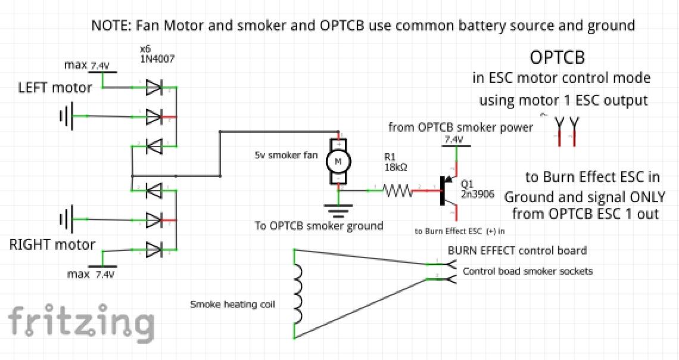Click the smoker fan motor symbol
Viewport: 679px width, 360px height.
[338, 160]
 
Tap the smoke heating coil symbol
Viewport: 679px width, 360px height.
[298, 292]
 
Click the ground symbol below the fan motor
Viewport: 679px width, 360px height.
[338, 209]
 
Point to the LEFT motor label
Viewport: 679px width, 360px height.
[55, 88]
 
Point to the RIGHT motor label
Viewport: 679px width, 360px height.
[52, 244]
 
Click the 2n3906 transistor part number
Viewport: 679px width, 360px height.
[477, 194]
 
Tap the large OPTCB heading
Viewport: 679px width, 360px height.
[557, 58]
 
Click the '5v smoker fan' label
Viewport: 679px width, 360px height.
[282, 156]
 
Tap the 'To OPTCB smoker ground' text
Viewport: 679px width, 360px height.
[319, 226]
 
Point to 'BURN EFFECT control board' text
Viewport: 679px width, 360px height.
[517, 250]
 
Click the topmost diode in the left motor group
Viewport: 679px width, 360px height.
[154, 88]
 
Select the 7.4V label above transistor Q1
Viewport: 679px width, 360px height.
[453, 139]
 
